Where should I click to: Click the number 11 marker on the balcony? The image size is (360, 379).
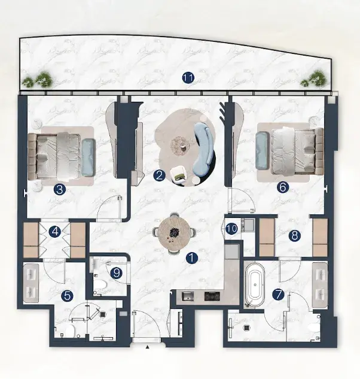point(188,78)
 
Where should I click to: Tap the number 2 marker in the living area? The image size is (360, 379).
point(159,175)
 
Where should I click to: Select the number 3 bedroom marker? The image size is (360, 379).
point(60,189)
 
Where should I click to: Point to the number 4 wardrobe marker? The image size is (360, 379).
point(55,232)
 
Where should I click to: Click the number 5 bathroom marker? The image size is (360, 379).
point(68,296)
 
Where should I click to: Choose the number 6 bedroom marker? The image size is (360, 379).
point(283,187)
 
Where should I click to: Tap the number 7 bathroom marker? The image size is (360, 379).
point(278,295)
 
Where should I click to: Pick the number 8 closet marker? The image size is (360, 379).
point(295,235)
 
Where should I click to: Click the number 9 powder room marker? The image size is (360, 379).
point(117,274)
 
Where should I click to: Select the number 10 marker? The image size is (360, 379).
point(231,229)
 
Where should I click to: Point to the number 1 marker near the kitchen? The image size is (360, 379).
point(192,257)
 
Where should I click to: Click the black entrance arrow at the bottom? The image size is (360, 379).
point(147,347)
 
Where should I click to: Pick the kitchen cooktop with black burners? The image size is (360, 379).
point(212,296)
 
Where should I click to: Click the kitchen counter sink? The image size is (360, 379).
point(188,296)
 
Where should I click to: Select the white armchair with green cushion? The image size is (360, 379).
point(178,174)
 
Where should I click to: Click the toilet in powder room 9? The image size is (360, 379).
point(100,284)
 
